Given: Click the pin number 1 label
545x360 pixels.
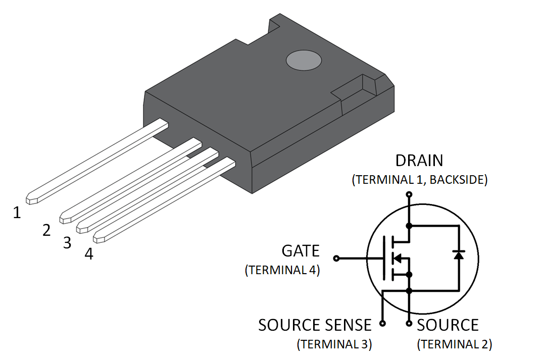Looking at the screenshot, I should pyautogui.click(x=17, y=213).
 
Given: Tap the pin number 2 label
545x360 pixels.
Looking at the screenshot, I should pyautogui.click(x=46, y=231).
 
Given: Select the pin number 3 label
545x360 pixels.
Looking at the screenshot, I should pyautogui.click(x=67, y=243).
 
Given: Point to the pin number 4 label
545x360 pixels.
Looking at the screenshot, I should pyautogui.click(x=89, y=254).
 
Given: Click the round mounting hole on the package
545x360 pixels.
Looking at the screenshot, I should pyautogui.click(x=304, y=61).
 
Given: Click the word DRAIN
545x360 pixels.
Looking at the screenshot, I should pyautogui.click(x=419, y=161).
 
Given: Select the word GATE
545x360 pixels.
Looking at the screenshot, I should pyautogui.click(x=301, y=251).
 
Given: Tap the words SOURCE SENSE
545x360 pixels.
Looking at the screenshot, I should pyautogui.click(x=315, y=325).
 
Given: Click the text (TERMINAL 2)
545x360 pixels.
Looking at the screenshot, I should pyautogui.click(x=454, y=344).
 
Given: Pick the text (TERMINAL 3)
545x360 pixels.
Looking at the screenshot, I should pyautogui.click(x=334, y=344).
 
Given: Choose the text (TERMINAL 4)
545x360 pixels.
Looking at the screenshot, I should pyautogui.click(x=282, y=270).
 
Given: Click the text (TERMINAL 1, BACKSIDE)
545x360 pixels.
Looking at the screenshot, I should pyautogui.click(x=419, y=180).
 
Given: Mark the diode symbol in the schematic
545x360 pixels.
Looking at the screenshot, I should pyautogui.click(x=458, y=254).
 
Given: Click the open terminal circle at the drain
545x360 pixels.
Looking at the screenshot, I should pyautogui.click(x=409, y=194).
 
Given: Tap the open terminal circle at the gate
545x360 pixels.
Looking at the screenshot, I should pyautogui.click(x=336, y=259).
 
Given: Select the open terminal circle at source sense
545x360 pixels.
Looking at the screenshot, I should pyautogui.click(x=382, y=323).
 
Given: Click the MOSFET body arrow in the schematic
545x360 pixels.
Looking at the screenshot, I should pyautogui.click(x=398, y=259).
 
